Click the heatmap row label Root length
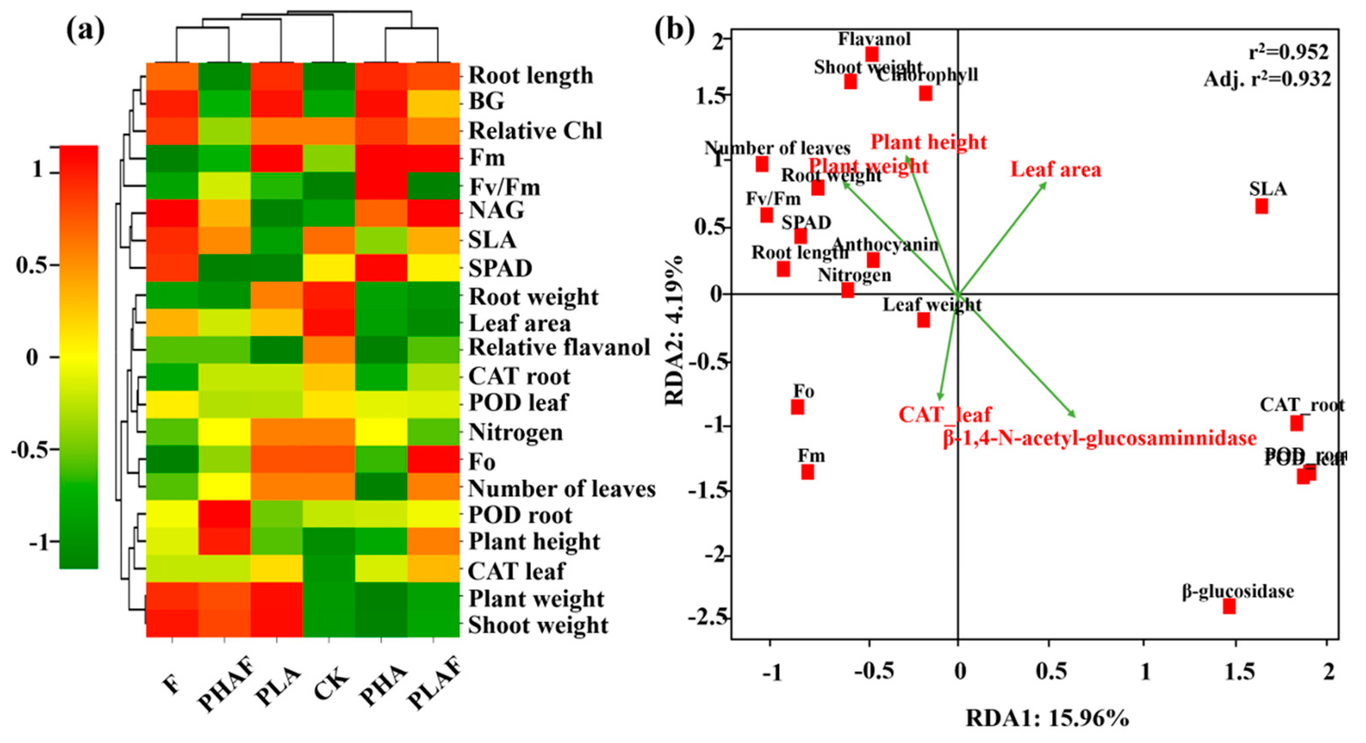point(530,75)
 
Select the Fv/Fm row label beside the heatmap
point(504,187)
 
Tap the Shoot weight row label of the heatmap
point(538,626)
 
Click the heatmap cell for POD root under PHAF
point(224,514)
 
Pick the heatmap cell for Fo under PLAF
point(433,459)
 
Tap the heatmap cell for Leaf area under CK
point(329,322)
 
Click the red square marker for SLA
point(1261,206)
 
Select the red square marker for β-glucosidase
point(1229,606)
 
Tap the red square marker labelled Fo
point(797,407)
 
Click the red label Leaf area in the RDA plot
point(1055,170)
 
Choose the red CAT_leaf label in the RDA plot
point(945,414)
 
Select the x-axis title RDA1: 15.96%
point(1047,719)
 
